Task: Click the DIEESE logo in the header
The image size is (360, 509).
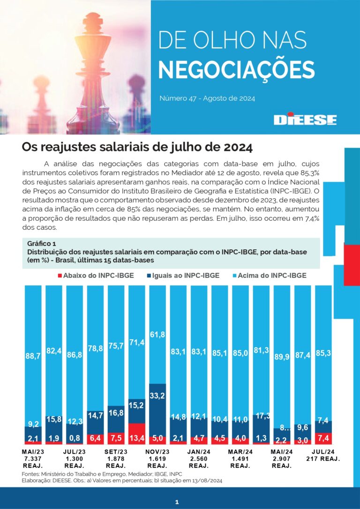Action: [x=305, y=119]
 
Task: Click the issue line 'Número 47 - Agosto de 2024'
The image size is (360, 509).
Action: [x=207, y=98]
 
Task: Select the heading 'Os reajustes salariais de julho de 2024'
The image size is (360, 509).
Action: [x=137, y=147]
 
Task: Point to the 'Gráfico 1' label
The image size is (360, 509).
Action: [x=41, y=244]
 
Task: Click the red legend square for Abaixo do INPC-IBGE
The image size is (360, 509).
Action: [x=59, y=276]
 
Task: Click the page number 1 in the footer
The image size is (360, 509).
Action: [x=177, y=502]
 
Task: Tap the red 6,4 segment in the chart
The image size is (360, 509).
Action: [x=95, y=439]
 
